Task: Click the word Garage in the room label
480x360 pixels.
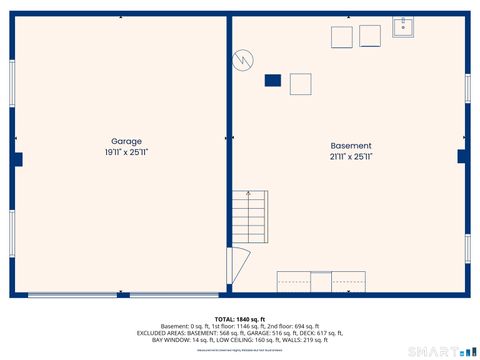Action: click(126, 142)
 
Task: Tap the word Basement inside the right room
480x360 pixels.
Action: click(350, 145)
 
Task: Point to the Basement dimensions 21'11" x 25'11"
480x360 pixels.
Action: click(350, 157)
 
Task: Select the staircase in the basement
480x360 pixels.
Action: click(249, 218)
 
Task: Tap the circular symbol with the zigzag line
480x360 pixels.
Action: click(243, 60)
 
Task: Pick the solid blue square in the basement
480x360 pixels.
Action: click(272, 80)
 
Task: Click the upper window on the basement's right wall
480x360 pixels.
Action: click(467, 88)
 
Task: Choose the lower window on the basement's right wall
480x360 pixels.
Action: click(467, 248)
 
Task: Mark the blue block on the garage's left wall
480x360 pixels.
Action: click(17, 159)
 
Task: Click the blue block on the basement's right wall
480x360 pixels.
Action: click(462, 156)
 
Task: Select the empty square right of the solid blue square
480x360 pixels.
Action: click(301, 84)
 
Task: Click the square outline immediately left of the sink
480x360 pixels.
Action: click(370, 36)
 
